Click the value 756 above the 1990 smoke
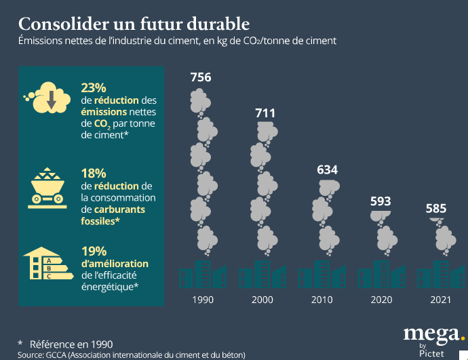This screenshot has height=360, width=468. [x=200, y=77]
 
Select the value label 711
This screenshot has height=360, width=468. [x=265, y=113]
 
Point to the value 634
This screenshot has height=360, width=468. [x=327, y=169]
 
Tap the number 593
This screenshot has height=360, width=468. [x=381, y=201]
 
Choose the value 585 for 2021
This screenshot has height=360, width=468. [x=436, y=208]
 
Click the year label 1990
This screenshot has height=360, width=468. [x=203, y=300]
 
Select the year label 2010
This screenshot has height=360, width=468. [x=322, y=300]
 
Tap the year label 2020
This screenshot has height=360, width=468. [x=381, y=300]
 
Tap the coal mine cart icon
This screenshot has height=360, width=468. [x=47, y=186]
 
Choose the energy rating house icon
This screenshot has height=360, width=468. [x=46, y=265]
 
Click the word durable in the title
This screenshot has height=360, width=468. [x=212, y=25]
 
